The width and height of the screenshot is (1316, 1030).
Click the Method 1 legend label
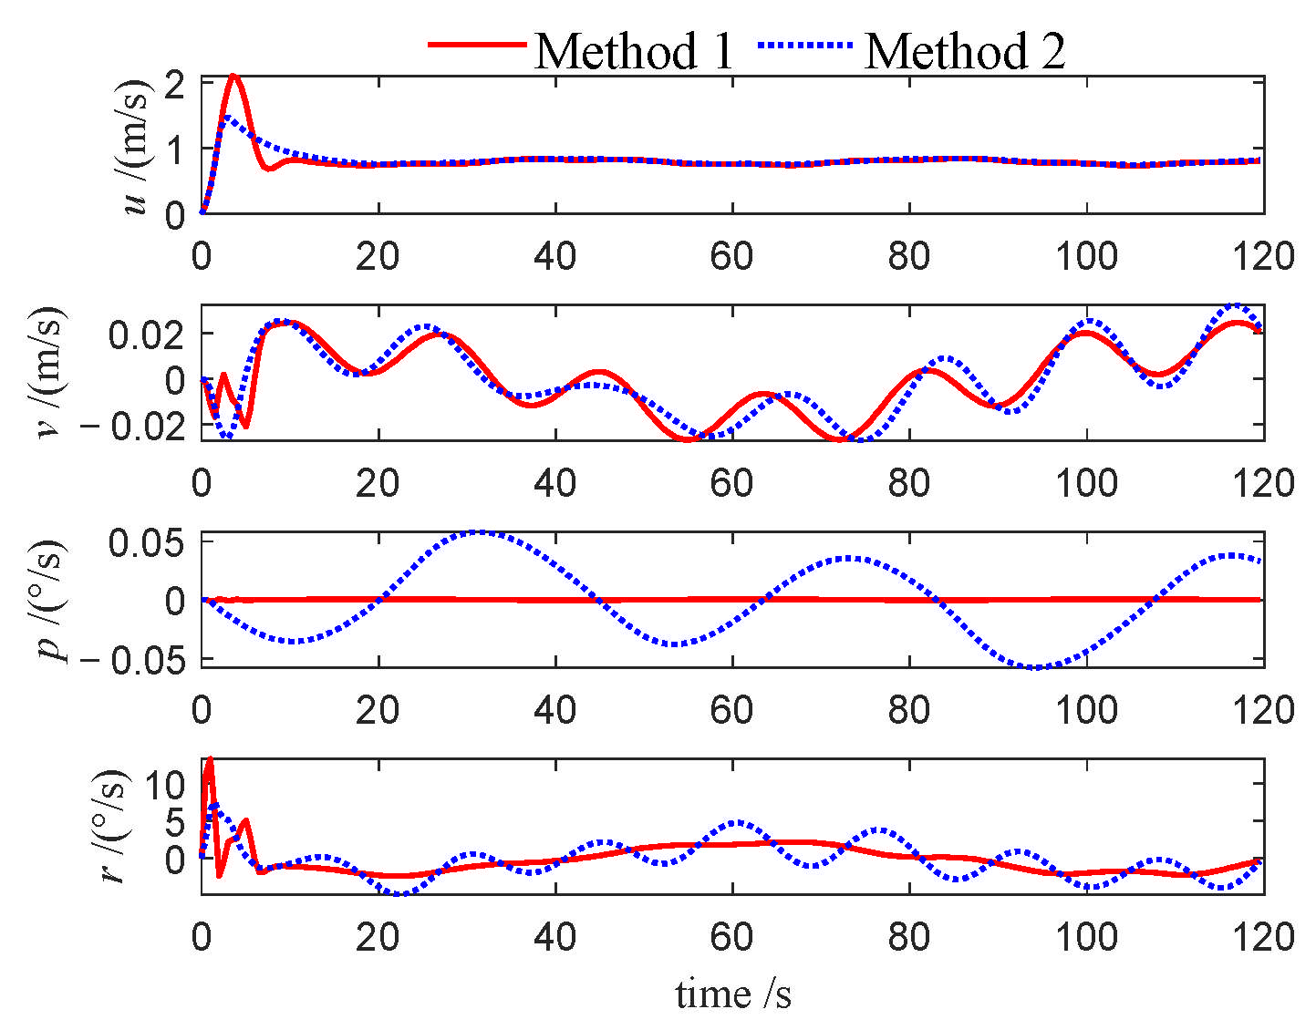coord(634,51)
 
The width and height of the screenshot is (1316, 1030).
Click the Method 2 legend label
coord(964,51)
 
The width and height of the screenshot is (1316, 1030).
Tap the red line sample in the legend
coord(477,45)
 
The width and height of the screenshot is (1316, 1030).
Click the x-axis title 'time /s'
coord(733,994)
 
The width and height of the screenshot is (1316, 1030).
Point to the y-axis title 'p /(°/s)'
coord(50,600)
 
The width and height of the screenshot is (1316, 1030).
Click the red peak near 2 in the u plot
coord(234,77)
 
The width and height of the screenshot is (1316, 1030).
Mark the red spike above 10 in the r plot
coord(210,758)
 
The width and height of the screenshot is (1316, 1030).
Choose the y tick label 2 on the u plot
coord(177,86)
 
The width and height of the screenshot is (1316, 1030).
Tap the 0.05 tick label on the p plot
coord(146,544)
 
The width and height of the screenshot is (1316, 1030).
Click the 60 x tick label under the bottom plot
coord(731,937)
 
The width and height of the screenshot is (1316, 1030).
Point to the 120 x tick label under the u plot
coord(1263,257)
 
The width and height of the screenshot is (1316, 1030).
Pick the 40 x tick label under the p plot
coord(554,710)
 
